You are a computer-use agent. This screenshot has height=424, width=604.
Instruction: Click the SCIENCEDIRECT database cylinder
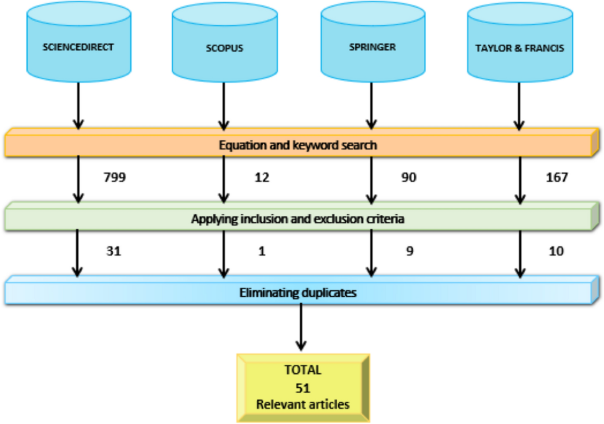tap(78, 48)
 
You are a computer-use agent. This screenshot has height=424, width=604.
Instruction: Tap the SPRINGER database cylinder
tap(372, 48)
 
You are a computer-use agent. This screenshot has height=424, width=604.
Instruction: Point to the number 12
tap(262, 178)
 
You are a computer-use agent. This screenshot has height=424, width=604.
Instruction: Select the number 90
tap(409, 178)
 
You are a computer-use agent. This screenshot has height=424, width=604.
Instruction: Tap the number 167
tap(557, 178)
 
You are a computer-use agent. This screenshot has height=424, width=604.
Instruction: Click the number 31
tap(114, 251)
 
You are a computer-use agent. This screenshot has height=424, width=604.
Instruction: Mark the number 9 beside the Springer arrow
tap(409, 251)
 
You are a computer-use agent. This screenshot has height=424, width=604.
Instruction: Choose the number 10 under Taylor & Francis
tap(557, 251)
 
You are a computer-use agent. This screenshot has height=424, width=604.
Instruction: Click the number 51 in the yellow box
tap(303, 388)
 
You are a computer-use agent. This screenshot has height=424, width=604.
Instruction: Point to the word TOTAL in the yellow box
tap(303, 371)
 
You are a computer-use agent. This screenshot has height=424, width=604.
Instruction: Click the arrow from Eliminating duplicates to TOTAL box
tap(301, 327)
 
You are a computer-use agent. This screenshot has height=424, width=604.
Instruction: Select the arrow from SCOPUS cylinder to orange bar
tap(224, 106)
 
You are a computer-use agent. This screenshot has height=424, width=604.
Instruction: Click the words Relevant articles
tap(303, 404)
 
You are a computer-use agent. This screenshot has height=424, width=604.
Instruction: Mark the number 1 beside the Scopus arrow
tap(262, 251)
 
